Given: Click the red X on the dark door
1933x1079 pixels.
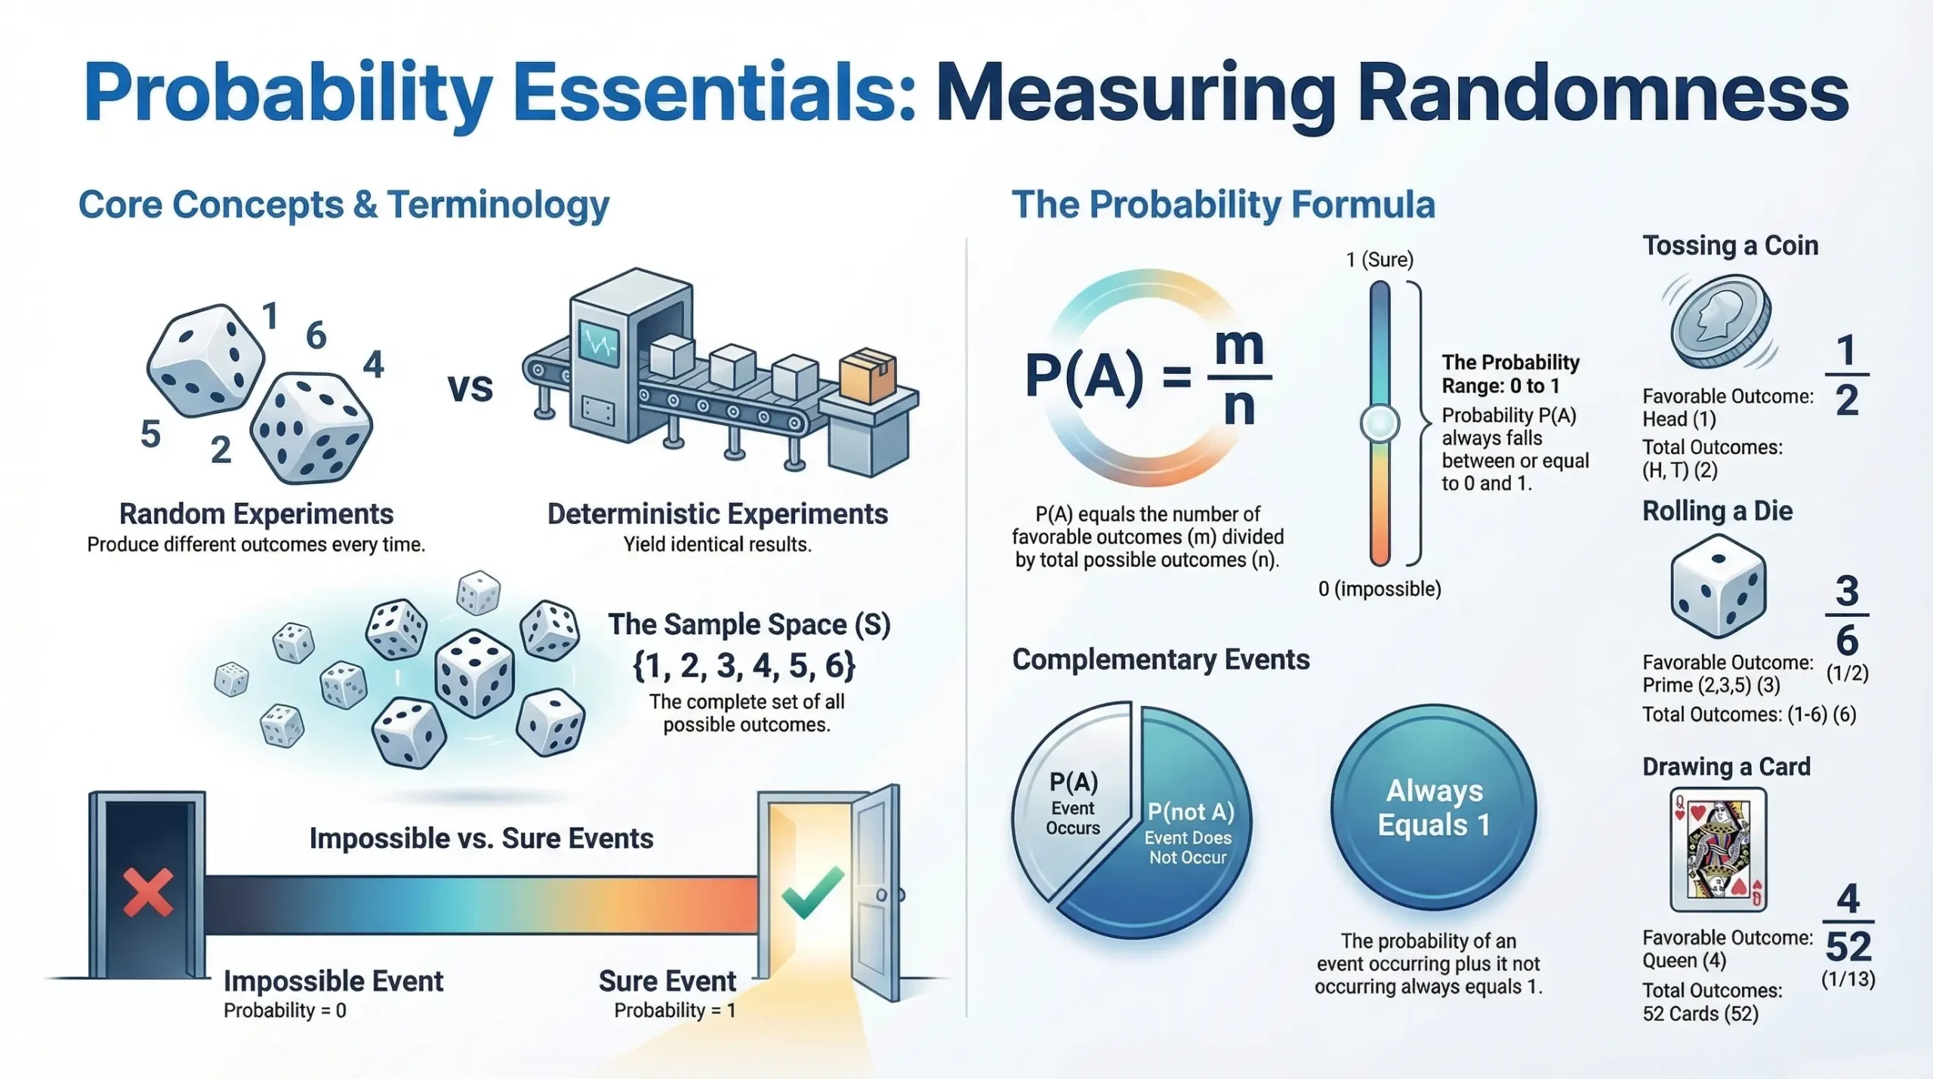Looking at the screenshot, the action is [148, 892].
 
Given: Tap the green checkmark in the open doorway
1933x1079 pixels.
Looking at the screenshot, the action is [812, 892].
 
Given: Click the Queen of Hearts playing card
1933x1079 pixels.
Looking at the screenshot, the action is [1719, 849].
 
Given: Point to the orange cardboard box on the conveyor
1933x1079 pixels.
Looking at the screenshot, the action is [868, 375].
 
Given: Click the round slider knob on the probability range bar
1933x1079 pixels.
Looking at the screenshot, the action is [1380, 424].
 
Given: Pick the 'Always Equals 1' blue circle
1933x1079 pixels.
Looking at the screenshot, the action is [1433, 809].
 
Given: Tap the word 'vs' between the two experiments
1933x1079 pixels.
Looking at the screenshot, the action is [470, 387].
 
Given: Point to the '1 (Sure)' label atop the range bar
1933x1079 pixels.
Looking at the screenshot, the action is [1380, 260].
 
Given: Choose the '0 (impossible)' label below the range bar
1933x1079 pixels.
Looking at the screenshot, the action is [1380, 589].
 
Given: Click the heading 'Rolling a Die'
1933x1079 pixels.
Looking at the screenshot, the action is [1717, 511].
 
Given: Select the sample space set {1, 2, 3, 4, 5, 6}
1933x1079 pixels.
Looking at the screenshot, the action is [744, 666].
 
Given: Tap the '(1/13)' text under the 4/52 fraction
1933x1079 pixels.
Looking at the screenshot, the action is [1848, 979].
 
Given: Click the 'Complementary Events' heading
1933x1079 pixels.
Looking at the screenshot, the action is [1161, 660].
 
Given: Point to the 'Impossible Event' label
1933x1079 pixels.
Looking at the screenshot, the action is [333, 982].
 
